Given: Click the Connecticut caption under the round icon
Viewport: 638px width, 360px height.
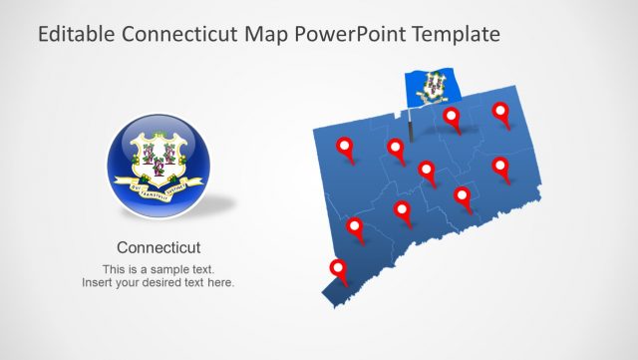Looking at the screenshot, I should pyautogui.click(x=159, y=247).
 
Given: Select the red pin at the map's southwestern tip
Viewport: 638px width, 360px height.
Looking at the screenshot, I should pyautogui.click(x=338, y=269).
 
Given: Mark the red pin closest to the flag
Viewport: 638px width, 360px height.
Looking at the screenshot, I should pyautogui.click(x=452, y=117).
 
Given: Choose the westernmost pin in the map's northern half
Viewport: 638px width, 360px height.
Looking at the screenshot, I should pyautogui.click(x=346, y=147).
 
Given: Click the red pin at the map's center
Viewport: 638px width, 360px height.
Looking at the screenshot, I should pyautogui.click(x=427, y=171).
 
